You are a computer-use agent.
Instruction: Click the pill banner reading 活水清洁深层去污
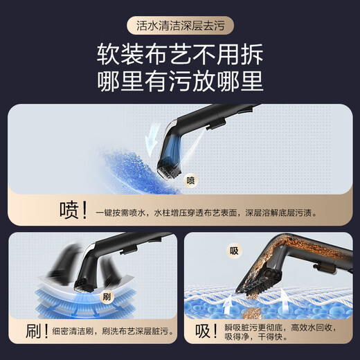tap(180, 26)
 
